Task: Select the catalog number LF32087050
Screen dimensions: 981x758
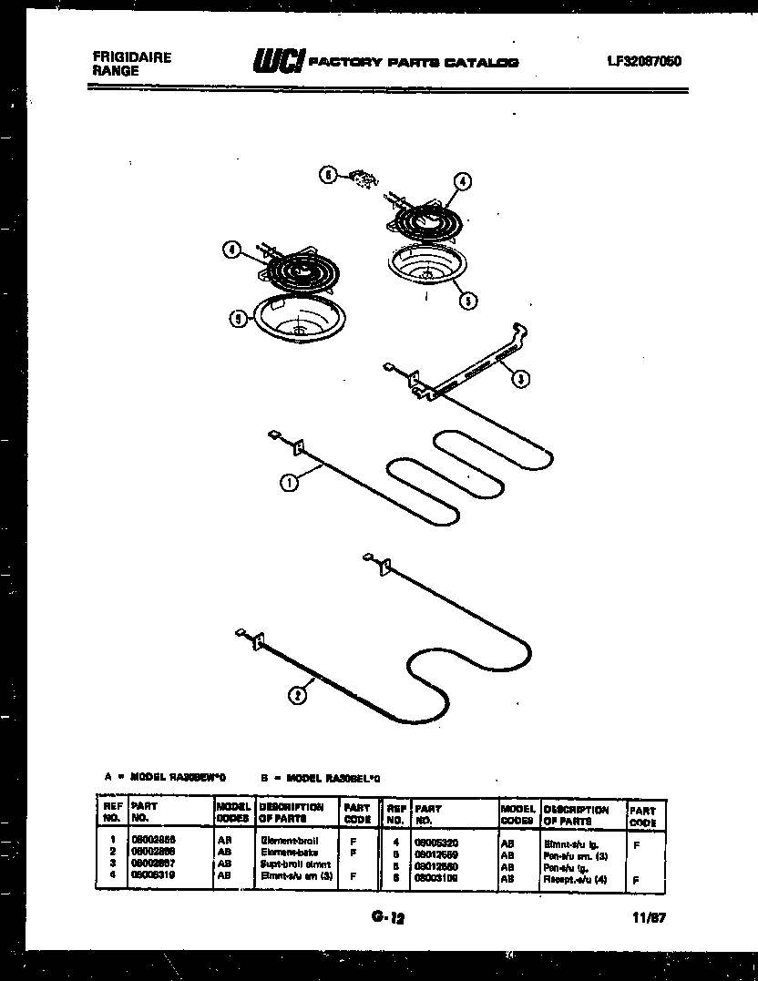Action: click(644, 62)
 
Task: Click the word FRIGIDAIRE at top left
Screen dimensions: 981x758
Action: click(132, 56)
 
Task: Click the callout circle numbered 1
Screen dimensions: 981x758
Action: click(288, 484)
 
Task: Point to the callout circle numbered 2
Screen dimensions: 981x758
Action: click(296, 696)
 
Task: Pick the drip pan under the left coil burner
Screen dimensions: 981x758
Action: click(294, 320)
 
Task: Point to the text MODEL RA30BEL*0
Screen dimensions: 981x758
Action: click(333, 777)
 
